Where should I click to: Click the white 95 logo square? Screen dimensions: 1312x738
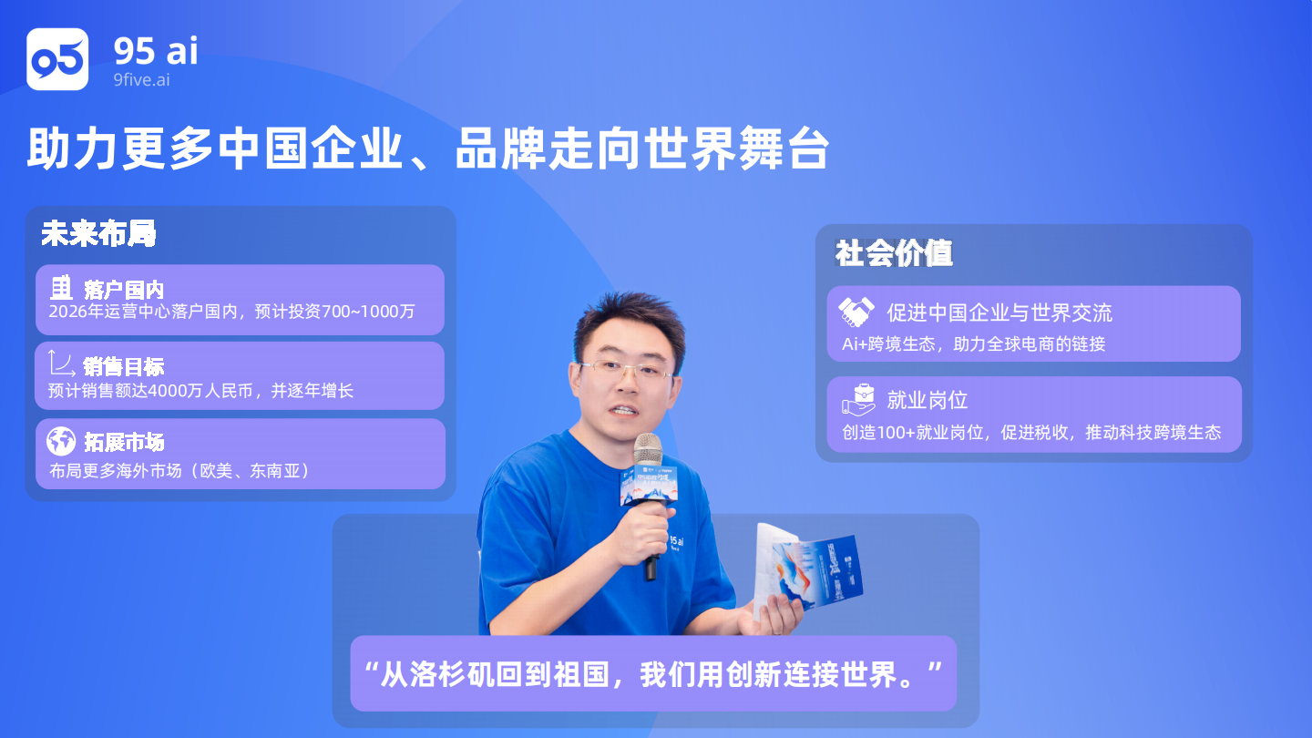point(57,59)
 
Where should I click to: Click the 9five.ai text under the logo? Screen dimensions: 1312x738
point(142,79)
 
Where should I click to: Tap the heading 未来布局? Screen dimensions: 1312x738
point(98,233)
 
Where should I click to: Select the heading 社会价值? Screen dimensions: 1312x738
point(894,253)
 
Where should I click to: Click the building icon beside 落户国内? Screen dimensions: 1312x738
point(60,288)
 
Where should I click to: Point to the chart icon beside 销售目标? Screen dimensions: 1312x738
point(62,364)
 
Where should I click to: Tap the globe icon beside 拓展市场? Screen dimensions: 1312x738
point(62,441)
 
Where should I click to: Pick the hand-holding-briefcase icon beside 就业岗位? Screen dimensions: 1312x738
point(858,400)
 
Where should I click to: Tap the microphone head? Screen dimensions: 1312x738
point(649,449)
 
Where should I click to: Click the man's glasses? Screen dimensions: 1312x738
point(626,370)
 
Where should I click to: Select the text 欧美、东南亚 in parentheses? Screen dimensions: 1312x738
point(250,471)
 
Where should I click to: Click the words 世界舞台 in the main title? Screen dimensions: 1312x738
point(736,149)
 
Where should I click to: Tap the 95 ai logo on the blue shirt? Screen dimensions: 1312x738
point(676,543)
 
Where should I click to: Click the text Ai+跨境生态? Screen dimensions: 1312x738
point(888,343)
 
